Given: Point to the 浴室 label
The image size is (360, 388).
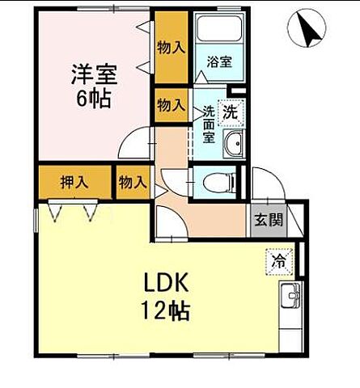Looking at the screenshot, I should click(x=218, y=61).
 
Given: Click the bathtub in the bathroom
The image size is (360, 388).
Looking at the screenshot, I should click(x=218, y=32).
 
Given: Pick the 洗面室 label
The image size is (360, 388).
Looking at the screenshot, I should click(x=210, y=124).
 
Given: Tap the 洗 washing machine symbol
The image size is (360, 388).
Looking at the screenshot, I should click(x=231, y=112).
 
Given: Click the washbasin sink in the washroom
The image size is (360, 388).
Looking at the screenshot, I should click(x=235, y=145).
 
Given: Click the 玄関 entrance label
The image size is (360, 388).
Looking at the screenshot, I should click(x=266, y=219).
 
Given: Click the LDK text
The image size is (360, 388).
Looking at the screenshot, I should click(x=166, y=284).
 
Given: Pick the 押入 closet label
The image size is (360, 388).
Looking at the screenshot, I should click(x=74, y=182).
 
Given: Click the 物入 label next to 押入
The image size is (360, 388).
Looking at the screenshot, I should click(x=132, y=182).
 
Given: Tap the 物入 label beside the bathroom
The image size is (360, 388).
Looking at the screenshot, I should click(x=171, y=48).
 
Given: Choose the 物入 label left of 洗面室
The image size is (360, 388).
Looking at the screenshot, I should click(x=170, y=105).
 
